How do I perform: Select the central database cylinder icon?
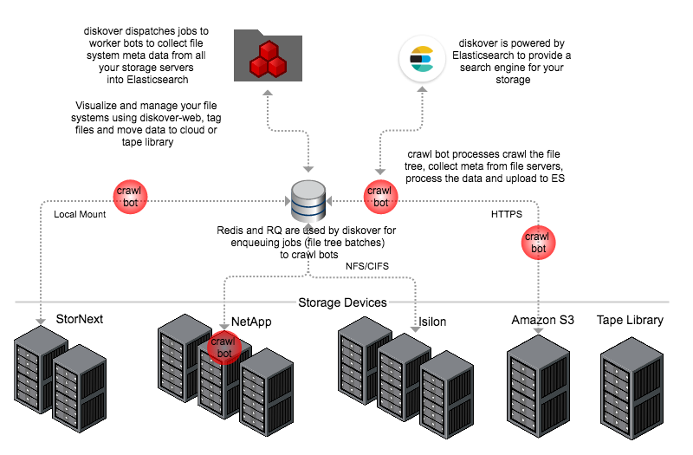tap(308, 203)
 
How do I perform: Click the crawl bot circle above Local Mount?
tap(132, 196)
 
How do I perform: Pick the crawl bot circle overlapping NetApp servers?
tap(224, 347)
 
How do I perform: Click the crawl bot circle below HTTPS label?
tap(538, 242)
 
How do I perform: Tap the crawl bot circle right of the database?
tap(379, 196)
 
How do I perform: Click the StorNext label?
tap(79, 319)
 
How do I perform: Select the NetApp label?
tap(251, 322)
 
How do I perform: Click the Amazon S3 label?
tap(542, 320)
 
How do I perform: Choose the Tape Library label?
tap(630, 320)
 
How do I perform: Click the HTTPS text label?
tap(506, 214)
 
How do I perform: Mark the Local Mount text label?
tap(80, 214)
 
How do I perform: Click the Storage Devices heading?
tap(342, 302)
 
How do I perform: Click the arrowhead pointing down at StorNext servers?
tap(42, 321)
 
